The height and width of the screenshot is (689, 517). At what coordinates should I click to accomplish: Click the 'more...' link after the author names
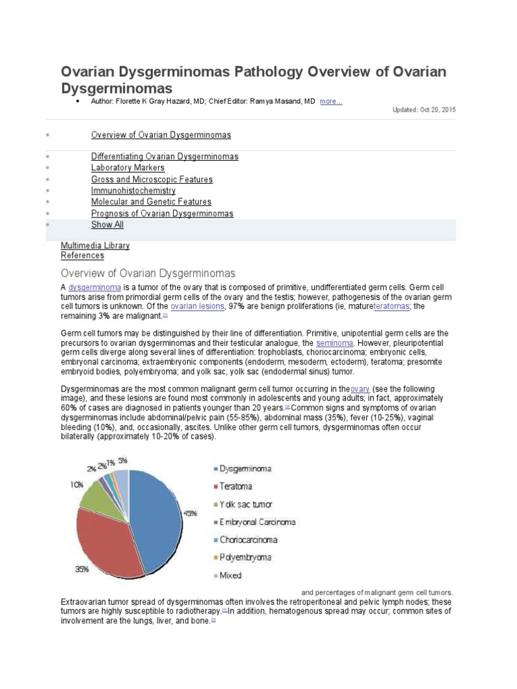[331, 101]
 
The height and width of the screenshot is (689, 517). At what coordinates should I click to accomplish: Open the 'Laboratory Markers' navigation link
[128, 168]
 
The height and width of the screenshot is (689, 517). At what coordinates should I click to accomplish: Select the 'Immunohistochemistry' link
[133, 190]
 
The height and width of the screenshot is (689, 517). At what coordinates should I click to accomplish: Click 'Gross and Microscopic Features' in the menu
[151, 180]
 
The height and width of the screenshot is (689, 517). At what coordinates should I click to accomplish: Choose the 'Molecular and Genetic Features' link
[151, 202]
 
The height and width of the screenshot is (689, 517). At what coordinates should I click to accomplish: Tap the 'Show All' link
[107, 225]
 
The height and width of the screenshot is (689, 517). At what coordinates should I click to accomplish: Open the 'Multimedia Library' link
[95, 246]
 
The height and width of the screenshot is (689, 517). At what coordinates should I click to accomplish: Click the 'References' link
[82, 256]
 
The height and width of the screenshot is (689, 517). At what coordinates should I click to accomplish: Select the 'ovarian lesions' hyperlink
[197, 306]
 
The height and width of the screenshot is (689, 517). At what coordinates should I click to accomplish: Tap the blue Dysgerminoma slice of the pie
[156, 518]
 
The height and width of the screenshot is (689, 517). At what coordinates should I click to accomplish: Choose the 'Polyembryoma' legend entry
[244, 557]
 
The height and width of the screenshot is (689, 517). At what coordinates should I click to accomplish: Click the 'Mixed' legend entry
[230, 575]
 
